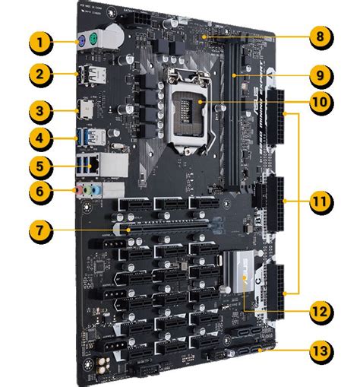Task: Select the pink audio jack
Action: (77, 191)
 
